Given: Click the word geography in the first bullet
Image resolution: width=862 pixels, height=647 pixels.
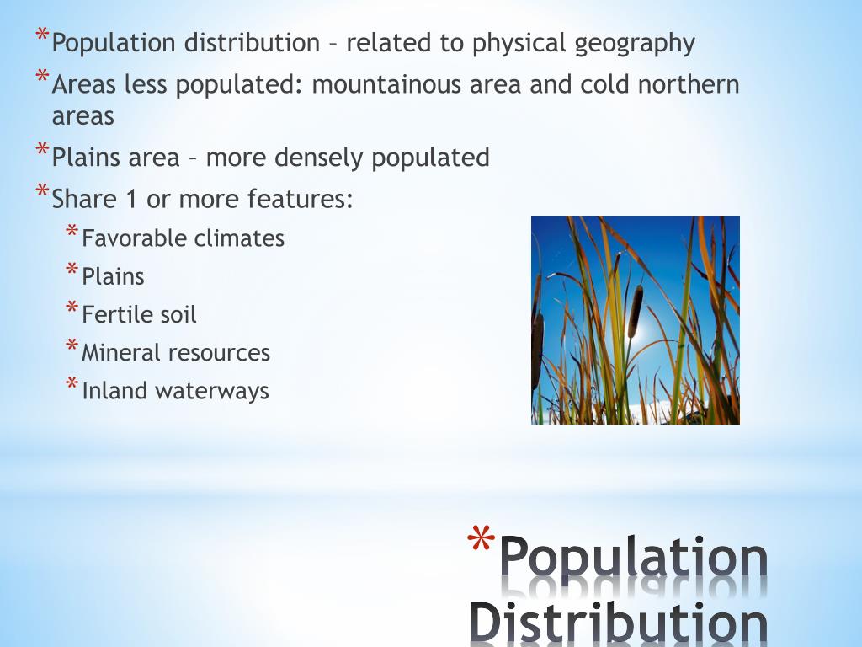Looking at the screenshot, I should tap(635, 44).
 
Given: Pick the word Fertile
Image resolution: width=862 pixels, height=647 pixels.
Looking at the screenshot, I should tap(113, 315).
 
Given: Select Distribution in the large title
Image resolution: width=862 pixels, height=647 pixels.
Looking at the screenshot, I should tap(618, 622).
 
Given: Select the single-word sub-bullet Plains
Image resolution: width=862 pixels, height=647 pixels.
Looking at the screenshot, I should tap(113, 277).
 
